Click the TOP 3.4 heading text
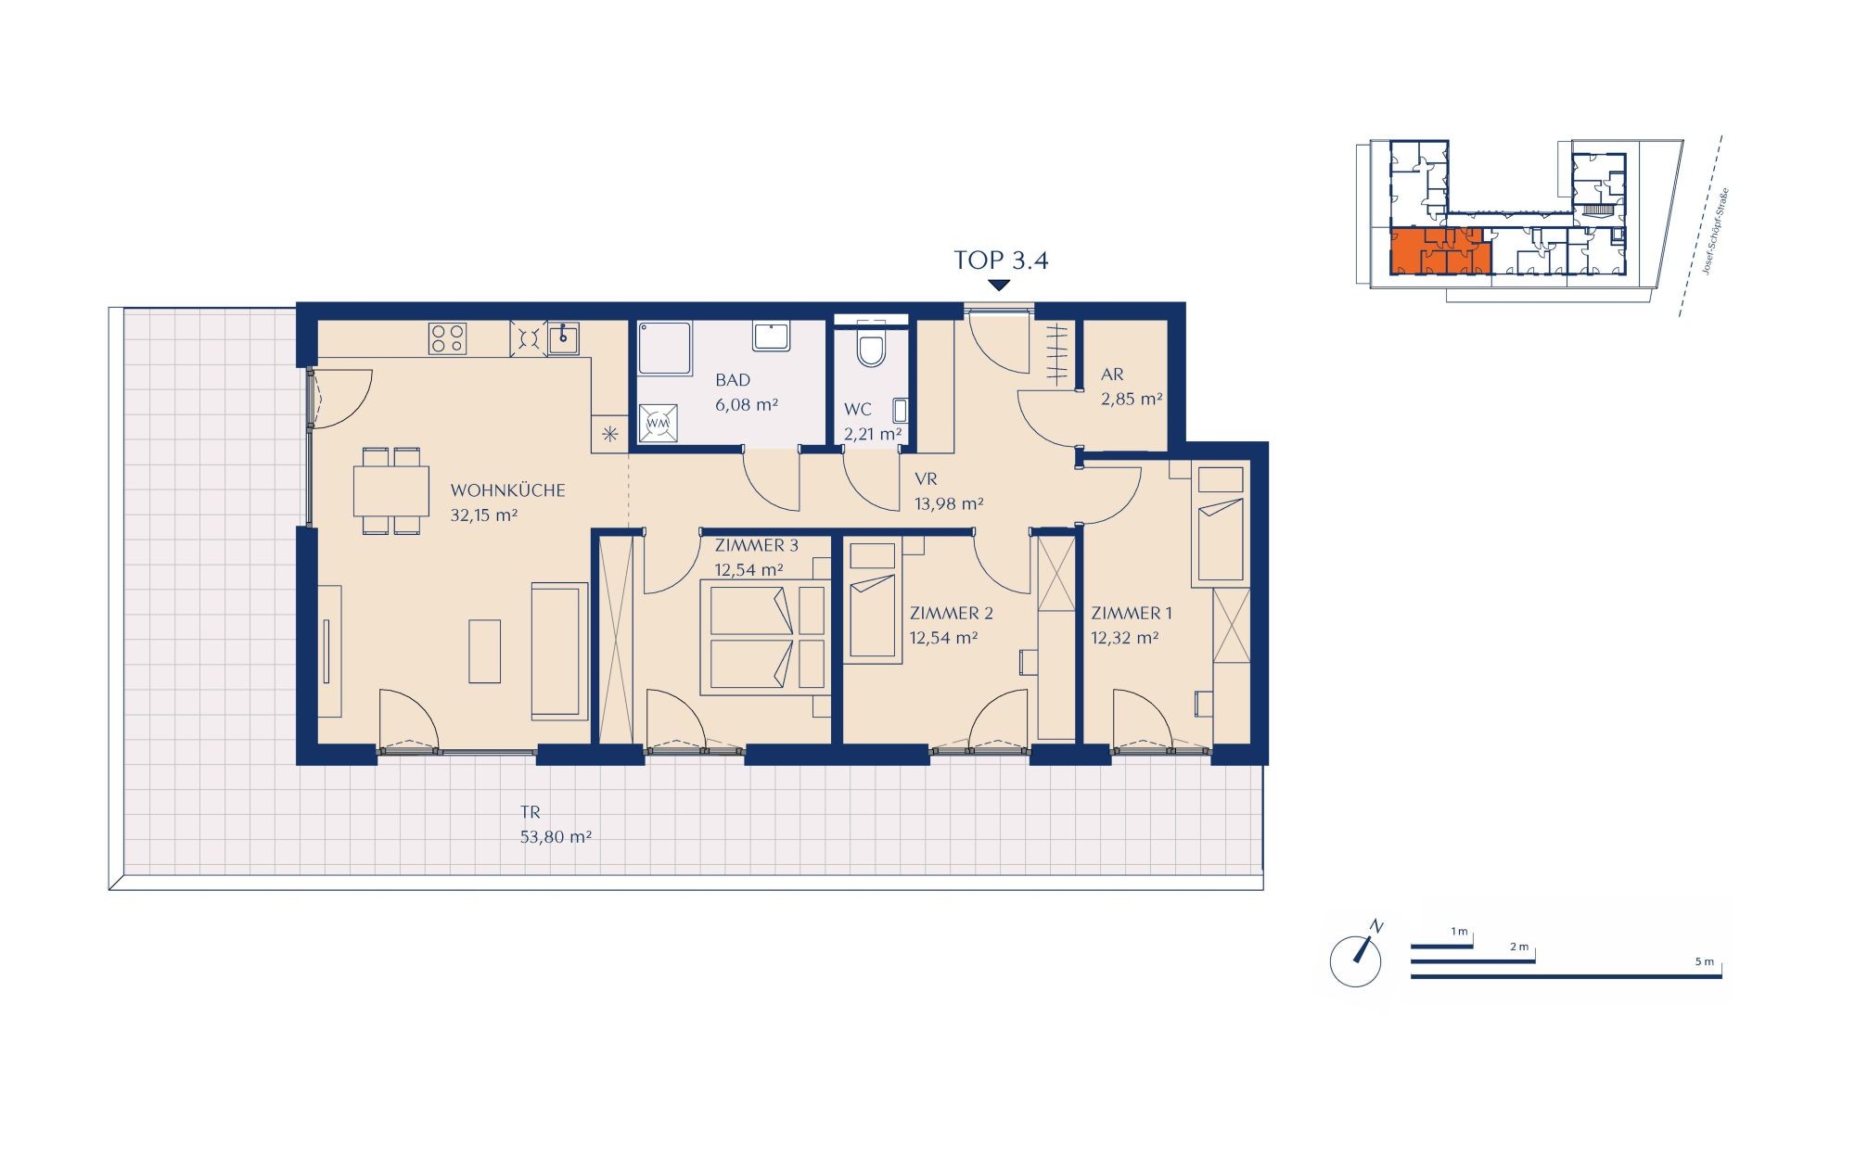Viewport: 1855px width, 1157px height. click(1001, 261)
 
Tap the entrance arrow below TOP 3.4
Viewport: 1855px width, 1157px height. click(999, 286)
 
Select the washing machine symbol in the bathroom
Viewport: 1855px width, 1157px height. click(658, 423)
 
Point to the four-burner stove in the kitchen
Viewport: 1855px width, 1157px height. click(447, 338)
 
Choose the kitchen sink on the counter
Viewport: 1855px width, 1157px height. click(563, 338)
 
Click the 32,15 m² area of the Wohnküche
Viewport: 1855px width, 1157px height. click(483, 515)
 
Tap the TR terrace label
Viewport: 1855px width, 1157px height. click(530, 813)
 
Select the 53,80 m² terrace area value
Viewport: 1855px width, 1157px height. click(556, 837)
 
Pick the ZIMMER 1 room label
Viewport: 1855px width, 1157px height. click(1132, 613)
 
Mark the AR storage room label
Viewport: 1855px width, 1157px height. click(1112, 375)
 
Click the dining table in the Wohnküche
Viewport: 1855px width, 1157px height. click(390, 490)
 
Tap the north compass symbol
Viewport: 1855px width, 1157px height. click(1357, 957)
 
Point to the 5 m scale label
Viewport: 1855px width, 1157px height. click(1705, 961)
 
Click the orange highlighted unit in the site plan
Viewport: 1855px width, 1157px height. click(1439, 251)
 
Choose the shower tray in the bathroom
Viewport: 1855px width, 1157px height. click(664, 349)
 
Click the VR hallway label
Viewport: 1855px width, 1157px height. click(926, 479)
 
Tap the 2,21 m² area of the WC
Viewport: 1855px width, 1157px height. click(873, 434)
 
